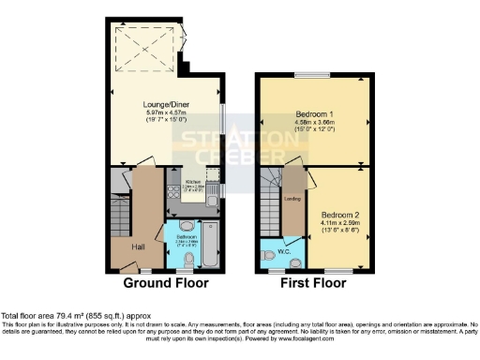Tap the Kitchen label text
pyautogui.click(x=191, y=181)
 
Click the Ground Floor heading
pyautogui.click(x=166, y=282)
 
